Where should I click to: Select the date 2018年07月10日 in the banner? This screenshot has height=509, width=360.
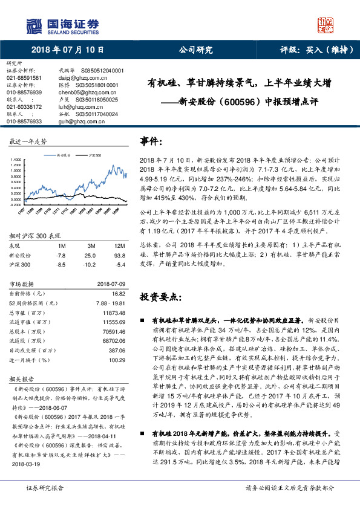click(67, 50)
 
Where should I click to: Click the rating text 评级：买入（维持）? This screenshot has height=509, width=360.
click(308, 50)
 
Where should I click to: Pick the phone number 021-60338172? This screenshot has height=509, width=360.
click(24, 106)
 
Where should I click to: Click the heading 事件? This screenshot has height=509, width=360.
click(151, 141)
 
